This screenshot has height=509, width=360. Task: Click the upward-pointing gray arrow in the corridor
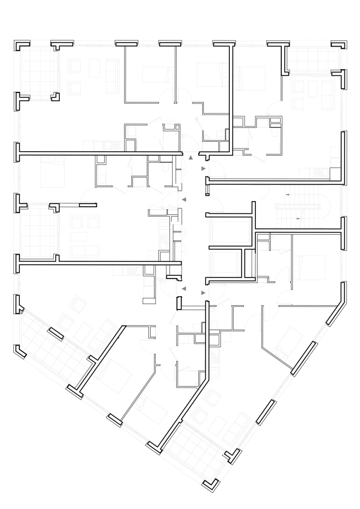tap(191, 157)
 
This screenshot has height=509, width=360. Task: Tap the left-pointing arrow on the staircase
tap(287, 196)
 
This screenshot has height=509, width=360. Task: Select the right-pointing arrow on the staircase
tap(299, 219)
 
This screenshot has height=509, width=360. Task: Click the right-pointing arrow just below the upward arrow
tap(203, 168)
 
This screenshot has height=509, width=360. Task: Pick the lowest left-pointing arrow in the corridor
tap(184, 289)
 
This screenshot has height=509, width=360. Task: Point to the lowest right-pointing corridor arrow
tap(203, 292)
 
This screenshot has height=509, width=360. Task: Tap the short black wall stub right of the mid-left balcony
tap(88, 205)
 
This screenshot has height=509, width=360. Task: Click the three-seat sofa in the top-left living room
tap(113, 67)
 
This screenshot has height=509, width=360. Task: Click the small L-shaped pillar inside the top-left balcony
tap(55, 96)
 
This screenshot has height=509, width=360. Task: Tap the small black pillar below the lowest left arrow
tap(179, 303)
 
